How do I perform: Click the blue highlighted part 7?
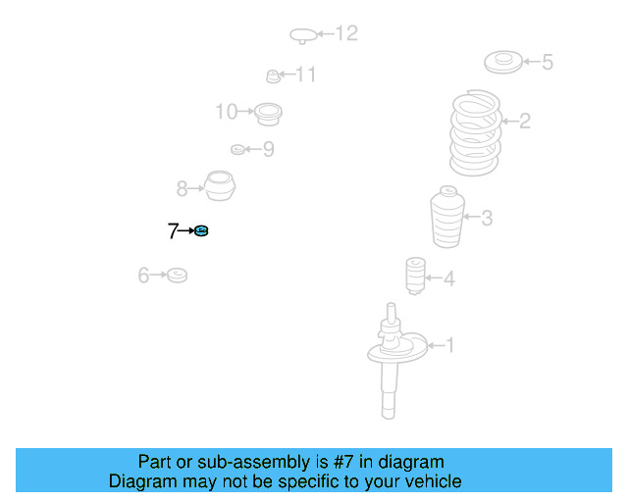click(x=201, y=231)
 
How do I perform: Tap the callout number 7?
click(x=173, y=231)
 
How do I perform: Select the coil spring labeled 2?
click(x=475, y=132)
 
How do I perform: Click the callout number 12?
click(x=346, y=33)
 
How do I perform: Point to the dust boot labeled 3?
click(x=447, y=217)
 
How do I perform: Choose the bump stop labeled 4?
click(x=415, y=276)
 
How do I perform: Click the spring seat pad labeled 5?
click(x=503, y=62)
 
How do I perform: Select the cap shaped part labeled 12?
click(x=303, y=35)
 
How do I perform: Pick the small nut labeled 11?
click(x=273, y=76)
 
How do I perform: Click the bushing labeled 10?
click(x=268, y=114)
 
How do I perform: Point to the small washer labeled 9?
click(x=237, y=150)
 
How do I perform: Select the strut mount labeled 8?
click(x=220, y=185)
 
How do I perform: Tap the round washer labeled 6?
click(x=177, y=275)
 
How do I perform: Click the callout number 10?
click(x=227, y=112)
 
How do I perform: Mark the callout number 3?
click(x=487, y=218)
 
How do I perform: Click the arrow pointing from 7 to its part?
click(x=185, y=231)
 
